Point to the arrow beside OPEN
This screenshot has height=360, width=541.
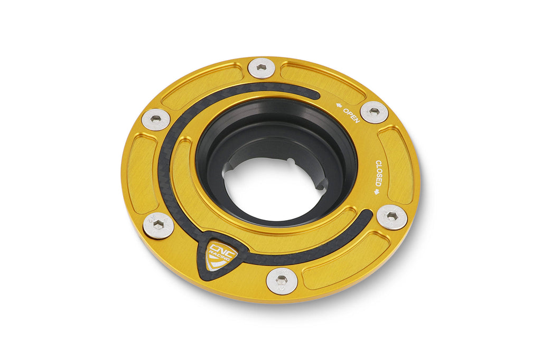point(338,106)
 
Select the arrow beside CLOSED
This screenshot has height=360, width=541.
point(377,192)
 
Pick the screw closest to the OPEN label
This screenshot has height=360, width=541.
point(374,112)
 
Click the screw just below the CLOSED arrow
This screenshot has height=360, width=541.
point(391,216)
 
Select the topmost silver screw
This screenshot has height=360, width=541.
point(261,68)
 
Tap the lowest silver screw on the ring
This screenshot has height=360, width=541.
point(282,280)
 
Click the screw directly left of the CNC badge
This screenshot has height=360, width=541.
point(158,225)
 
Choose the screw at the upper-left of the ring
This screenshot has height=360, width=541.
point(156,119)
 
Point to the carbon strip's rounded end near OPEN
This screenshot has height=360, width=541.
point(315,94)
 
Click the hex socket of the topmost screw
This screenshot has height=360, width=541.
point(261,68)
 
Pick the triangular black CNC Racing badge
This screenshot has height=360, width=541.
point(218,255)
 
